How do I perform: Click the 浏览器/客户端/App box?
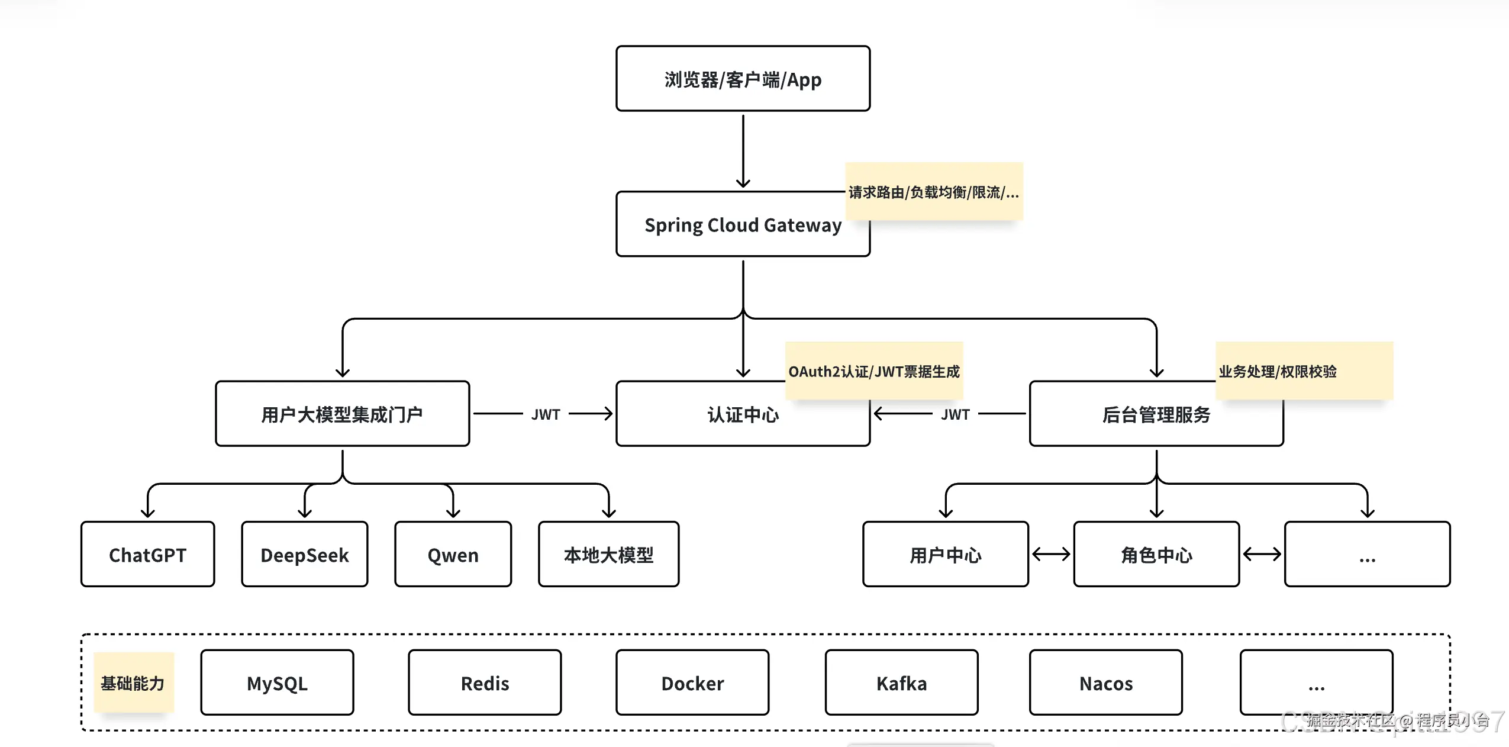coord(743,79)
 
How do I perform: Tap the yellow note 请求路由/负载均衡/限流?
coord(933,192)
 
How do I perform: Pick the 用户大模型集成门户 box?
coord(342,414)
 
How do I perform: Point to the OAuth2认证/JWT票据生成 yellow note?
coord(873,371)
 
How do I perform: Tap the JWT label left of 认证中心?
coord(545,414)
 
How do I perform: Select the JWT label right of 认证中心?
coord(955,414)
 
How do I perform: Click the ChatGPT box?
coord(147,555)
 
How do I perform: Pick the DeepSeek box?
coord(304,555)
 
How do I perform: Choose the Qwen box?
coord(453,555)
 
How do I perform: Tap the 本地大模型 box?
coord(608,555)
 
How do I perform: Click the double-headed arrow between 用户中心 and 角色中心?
coord(1050,554)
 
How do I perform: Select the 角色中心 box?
coord(1156,555)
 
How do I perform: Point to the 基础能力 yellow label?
coord(133,682)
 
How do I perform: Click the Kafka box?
coord(901,682)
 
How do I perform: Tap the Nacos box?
coord(1105,682)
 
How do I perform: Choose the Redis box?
coord(485,682)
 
